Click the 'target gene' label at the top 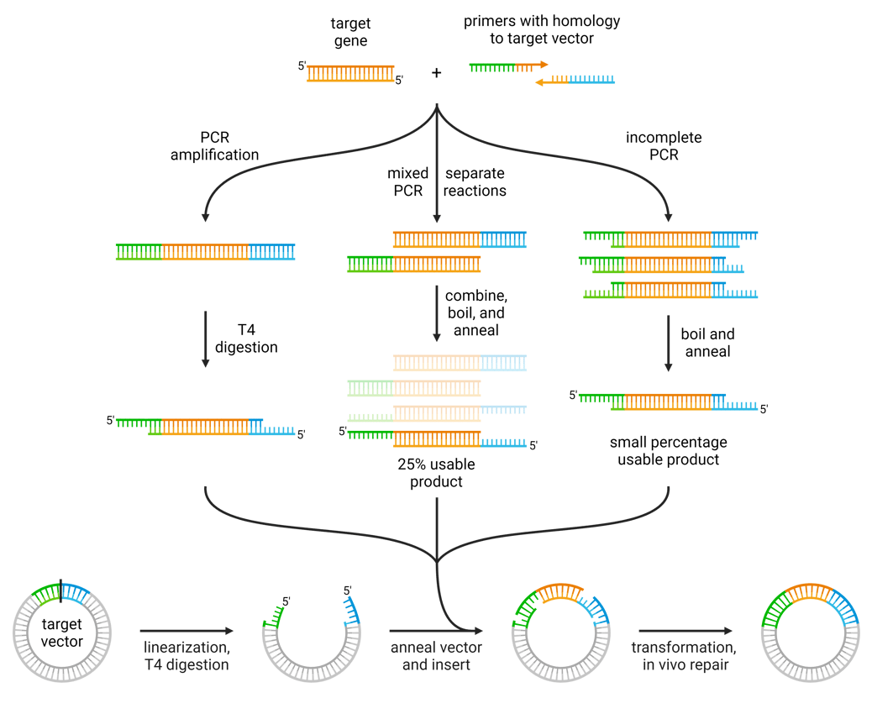350,33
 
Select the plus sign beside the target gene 436,73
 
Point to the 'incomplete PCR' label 664,145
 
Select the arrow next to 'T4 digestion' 205,339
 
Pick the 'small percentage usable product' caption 668,450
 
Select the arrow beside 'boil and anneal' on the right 669,343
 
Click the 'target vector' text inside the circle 61,632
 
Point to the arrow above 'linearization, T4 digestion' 186,630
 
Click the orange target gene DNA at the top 350,73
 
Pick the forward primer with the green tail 507,65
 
